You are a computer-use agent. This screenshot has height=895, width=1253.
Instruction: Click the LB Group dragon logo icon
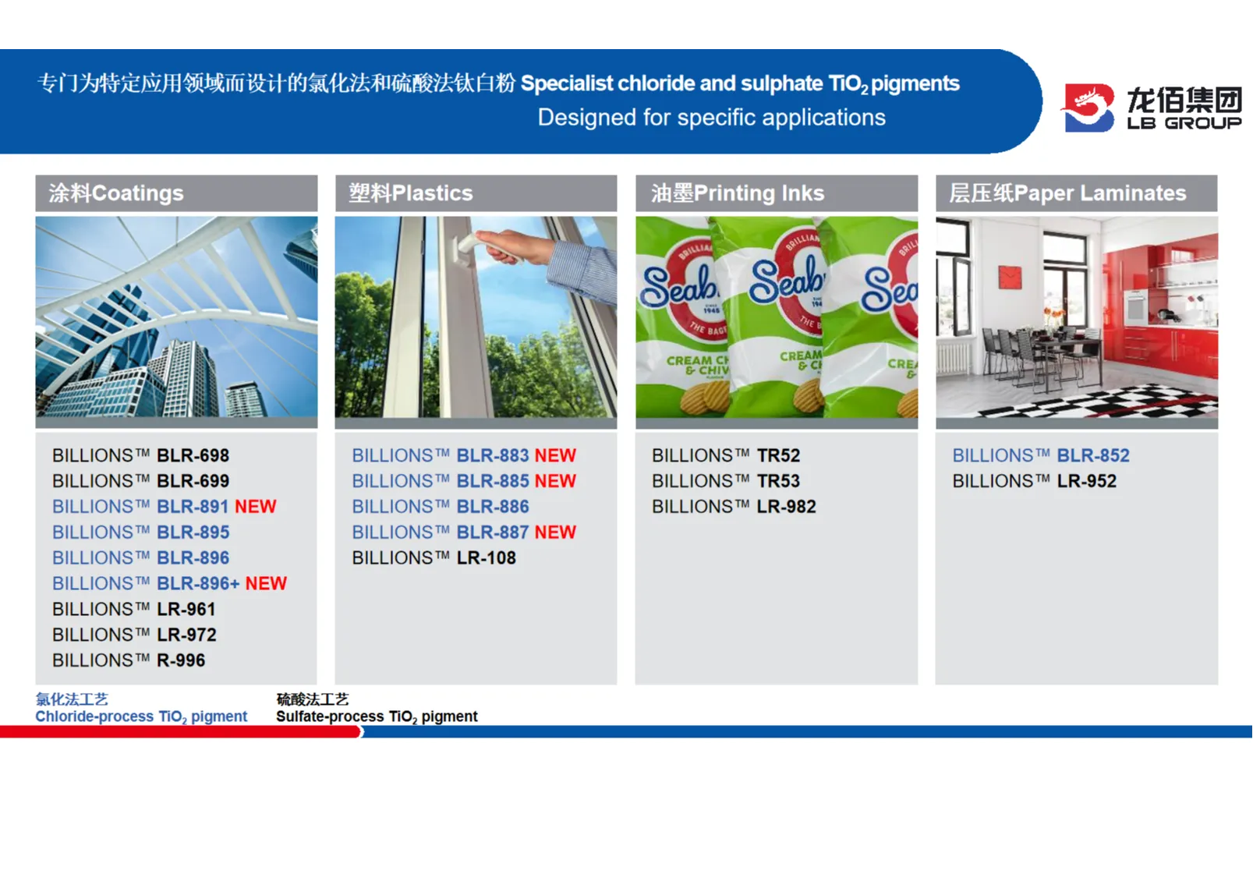click(x=1088, y=108)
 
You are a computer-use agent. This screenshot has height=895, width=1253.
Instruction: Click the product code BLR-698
click(x=193, y=456)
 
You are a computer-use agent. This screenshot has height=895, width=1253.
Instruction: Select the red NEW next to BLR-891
click(x=255, y=507)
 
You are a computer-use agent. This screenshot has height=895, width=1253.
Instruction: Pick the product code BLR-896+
click(x=198, y=583)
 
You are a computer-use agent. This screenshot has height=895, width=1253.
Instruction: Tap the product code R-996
click(x=181, y=660)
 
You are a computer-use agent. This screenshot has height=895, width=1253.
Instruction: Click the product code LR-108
click(x=486, y=558)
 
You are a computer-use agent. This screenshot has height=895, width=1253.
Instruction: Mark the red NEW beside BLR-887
click(x=555, y=532)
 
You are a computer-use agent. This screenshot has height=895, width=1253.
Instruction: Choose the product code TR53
click(x=778, y=481)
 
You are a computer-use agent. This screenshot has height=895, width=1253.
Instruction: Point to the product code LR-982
click(x=786, y=507)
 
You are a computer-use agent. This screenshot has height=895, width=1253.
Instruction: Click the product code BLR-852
click(x=1093, y=456)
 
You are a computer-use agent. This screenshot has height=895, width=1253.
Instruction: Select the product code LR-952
click(x=1086, y=481)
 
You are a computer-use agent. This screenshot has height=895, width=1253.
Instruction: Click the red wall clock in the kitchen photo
click(x=1011, y=278)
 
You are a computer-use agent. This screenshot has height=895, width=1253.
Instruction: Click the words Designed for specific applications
click(x=712, y=118)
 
